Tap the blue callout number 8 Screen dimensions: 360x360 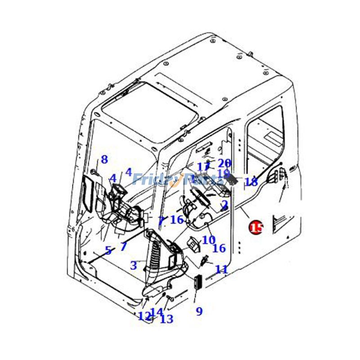tap(104, 159)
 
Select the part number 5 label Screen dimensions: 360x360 tap(108, 251)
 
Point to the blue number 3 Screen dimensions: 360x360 tap(133, 265)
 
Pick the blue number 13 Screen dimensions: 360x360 tap(166, 319)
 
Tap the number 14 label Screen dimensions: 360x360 tap(157, 312)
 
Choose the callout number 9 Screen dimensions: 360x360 tap(199, 311)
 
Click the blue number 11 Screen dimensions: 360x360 tap(221, 269)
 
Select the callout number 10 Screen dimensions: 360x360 tap(208, 240)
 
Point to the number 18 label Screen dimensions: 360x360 tap(251, 182)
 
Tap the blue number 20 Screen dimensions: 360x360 tap(224, 163)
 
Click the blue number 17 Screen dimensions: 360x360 tap(203, 167)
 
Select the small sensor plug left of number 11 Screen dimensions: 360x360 tap(205, 260)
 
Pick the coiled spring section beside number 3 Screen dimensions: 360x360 tap(154, 256)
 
